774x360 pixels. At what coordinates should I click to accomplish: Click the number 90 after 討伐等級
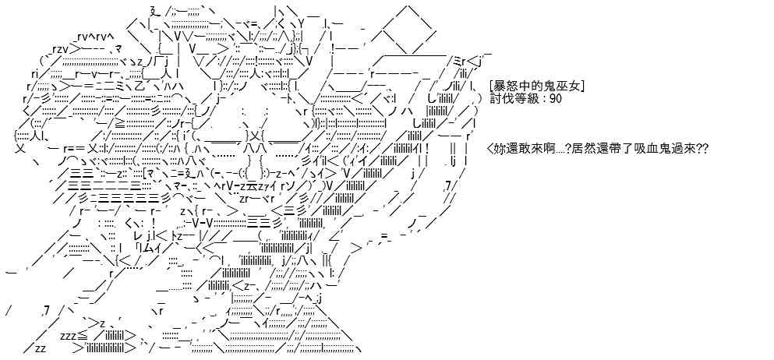click(x=555, y=99)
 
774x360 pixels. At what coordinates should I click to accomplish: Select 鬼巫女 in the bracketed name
click(x=564, y=86)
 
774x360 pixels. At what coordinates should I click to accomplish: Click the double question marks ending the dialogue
click(x=702, y=148)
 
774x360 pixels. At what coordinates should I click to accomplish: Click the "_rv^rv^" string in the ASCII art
click(x=94, y=36)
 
